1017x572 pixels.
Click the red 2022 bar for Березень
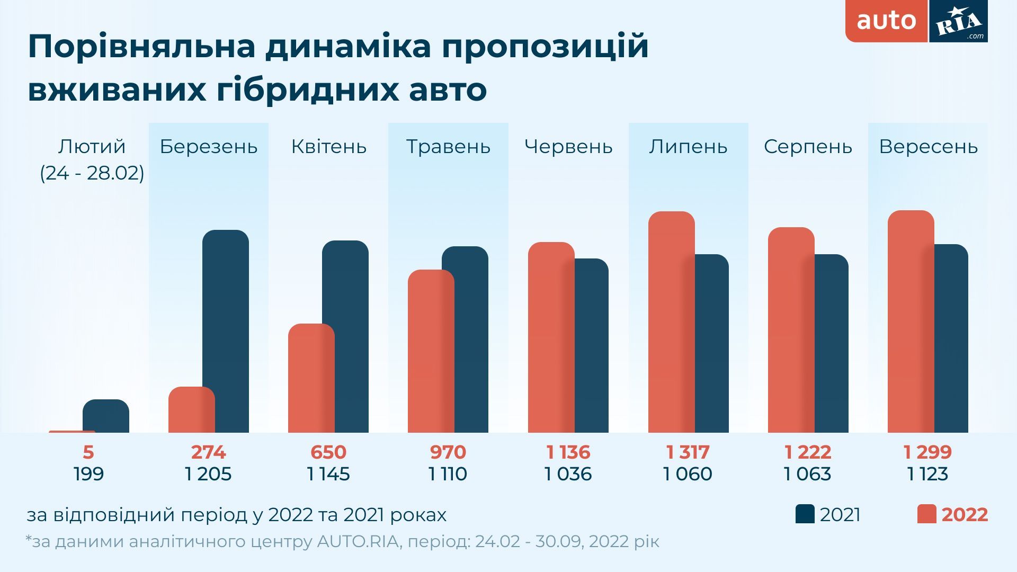191,410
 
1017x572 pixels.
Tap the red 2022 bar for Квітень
311,378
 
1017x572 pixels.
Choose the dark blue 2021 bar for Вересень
951,338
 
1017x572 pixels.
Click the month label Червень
568,147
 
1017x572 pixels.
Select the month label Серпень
808,147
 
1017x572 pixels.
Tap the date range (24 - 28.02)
92,173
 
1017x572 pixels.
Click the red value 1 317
688,452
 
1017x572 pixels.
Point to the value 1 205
208,474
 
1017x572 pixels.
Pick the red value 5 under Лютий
88,452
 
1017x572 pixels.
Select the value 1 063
807,474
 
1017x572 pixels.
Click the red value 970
448,452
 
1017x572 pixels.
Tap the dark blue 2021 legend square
805,514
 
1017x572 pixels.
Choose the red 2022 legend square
926,514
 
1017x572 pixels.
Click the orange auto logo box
887,21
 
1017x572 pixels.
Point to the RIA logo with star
959,21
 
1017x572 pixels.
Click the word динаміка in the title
349,47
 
